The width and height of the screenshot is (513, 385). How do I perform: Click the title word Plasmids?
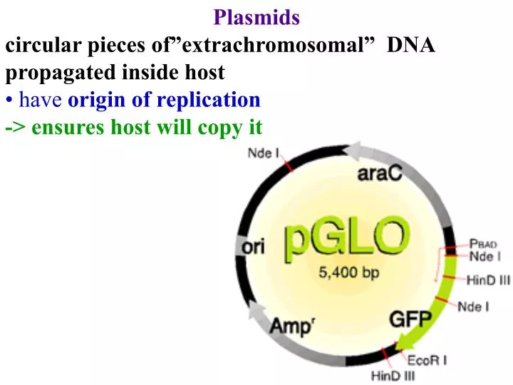(256, 16)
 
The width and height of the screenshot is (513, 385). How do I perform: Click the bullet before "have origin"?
(9, 101)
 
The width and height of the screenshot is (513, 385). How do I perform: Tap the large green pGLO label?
(347, 240)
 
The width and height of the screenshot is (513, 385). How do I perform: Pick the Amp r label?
(292, 327)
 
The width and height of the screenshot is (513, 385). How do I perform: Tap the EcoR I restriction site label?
(427, 359)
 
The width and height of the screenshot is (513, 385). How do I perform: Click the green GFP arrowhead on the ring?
(420, 339)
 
